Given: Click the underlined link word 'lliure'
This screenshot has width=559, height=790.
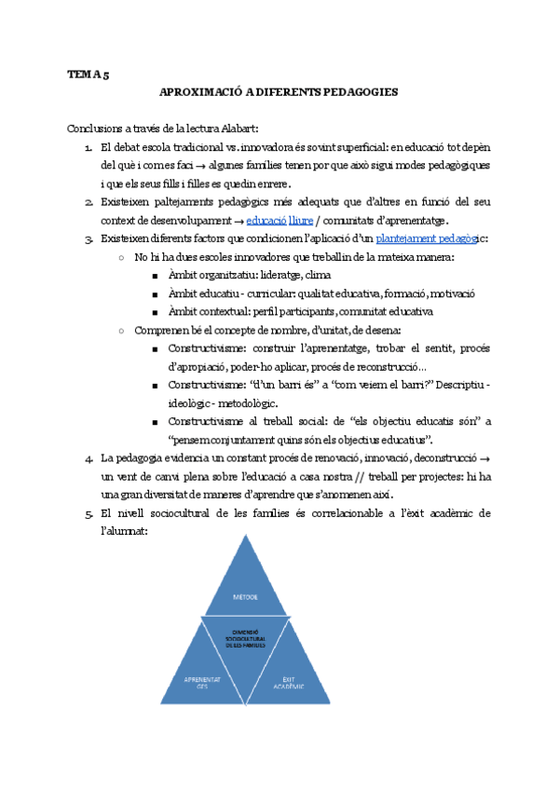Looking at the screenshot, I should pyautogui.click(x=301, y=220).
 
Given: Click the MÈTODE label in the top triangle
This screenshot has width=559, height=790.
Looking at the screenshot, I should pyautogui.click(x=246, y=595).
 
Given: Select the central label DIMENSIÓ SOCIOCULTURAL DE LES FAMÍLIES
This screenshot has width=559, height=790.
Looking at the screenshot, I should pyautogui.click(x=246, y=638).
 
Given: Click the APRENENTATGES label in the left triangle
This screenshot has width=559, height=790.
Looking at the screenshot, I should pyautogui.click(x=203, y=682).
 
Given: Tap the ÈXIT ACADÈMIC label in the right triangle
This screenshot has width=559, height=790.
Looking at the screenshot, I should pyautogui.click(x=290, y=682).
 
